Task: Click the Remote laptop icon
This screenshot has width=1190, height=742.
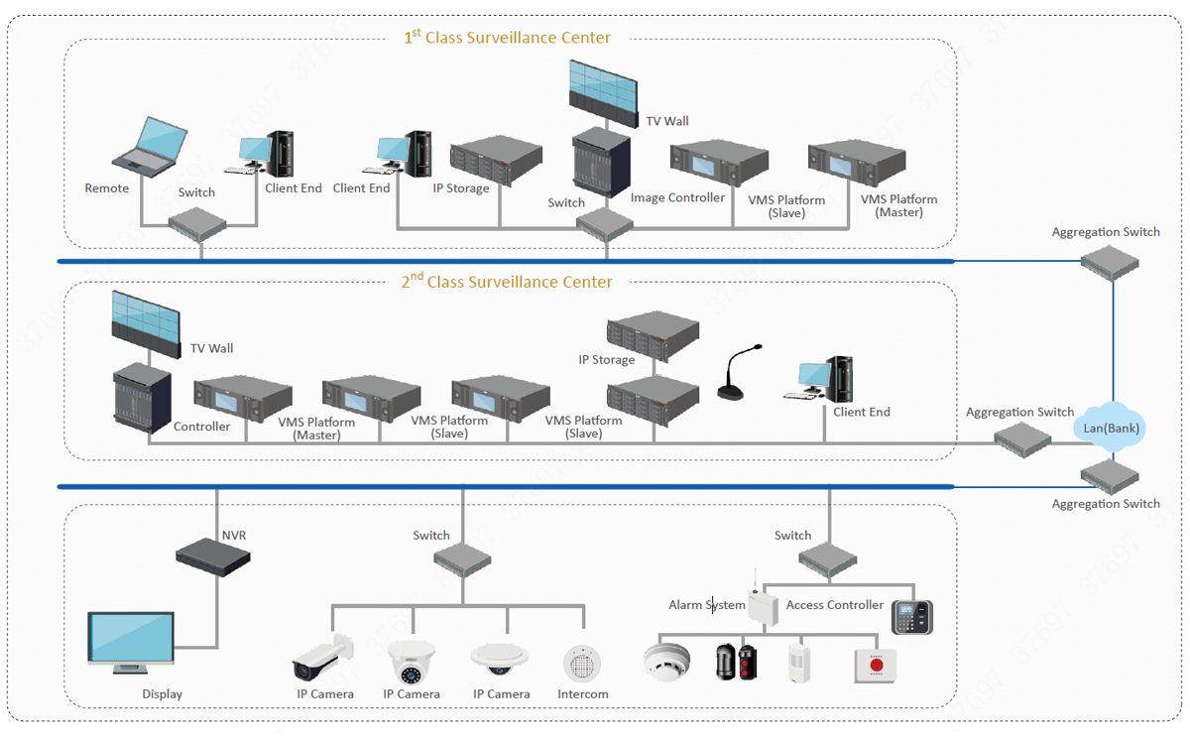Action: click(x=150, y=147)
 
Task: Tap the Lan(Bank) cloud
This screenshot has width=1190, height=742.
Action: click(x=1110, y=428)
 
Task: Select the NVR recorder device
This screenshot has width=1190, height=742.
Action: click(x=213, y=556)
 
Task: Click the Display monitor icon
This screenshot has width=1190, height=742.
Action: click(x=131, y=643)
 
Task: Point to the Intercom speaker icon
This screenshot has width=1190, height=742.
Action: click(x=582, y=664)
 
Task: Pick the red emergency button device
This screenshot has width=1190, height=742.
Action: click(x=875, y=666)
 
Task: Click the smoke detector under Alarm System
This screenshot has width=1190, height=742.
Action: click(x=666, y=662)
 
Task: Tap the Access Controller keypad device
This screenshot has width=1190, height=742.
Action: click(x=912, y=617)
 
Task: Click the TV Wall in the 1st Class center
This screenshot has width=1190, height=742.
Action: click(x=604, y=94)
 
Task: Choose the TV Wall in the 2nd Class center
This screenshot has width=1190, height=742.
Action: click(x=146, y=323)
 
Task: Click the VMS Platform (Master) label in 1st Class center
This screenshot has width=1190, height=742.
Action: click(x=898, y=205)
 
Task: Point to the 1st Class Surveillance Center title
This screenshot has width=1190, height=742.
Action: click(x=508, y=38)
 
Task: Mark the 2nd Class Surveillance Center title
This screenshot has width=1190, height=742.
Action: click(x=507, y=281)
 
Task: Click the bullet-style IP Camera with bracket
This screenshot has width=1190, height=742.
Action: click(x=322, y=657)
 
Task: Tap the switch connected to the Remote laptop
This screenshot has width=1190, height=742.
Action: click(x=197, y=225)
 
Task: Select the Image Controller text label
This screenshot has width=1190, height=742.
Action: click(x=677, y=197)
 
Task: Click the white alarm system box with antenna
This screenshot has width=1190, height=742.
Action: click(x=763, y=602)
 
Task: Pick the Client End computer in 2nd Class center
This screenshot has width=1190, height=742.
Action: click(x=819, y=379)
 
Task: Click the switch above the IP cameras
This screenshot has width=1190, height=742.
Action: click(x=462, y=559)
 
